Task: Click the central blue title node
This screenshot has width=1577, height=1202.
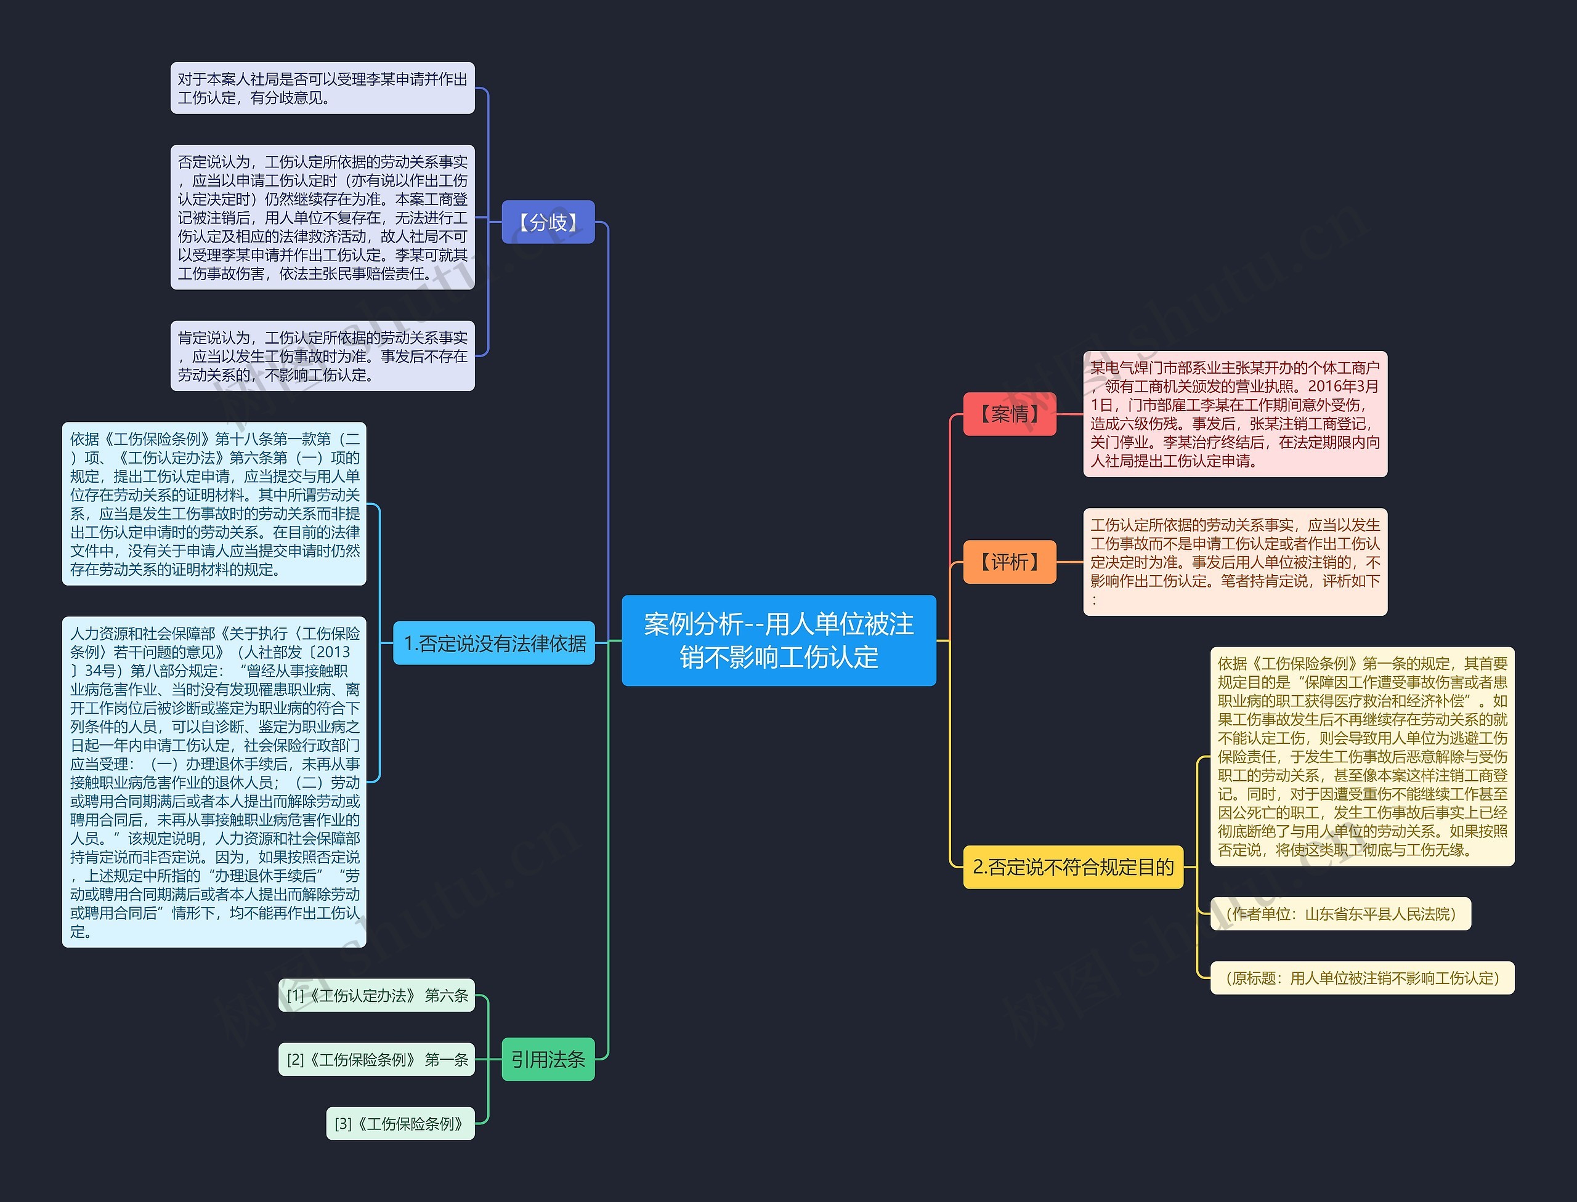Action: click(778, 640)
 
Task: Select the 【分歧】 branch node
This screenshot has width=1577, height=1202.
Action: click(548, 222)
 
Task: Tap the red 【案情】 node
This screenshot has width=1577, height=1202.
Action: click(1009, 414)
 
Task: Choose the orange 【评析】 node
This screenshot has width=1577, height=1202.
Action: click(1009, 562)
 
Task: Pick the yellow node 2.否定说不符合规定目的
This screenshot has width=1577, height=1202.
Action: click(1073, 866)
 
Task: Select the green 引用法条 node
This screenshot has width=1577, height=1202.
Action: click(548, 1059)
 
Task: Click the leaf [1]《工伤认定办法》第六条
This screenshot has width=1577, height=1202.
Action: click(376, 995)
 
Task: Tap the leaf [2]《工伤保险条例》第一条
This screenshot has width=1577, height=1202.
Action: click(376, 1060)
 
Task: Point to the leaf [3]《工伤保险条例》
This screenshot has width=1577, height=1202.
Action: click(400, 1123)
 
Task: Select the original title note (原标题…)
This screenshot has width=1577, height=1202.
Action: click(1362, 978)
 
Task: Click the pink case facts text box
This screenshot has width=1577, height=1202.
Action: click(1235, 414)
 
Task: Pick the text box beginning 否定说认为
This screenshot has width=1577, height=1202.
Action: click(322, 217)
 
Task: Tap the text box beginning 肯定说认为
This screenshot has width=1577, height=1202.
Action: click(322, 355)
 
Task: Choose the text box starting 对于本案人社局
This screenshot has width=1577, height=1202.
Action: click(322, 88)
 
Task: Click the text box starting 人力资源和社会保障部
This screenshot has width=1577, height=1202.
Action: click(214, 782)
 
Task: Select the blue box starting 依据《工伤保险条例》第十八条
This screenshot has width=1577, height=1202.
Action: click(214, 504)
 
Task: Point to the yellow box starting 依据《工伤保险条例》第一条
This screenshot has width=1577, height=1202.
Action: click(1362, 756)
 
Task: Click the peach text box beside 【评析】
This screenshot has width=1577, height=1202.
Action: click(1235, 562)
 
